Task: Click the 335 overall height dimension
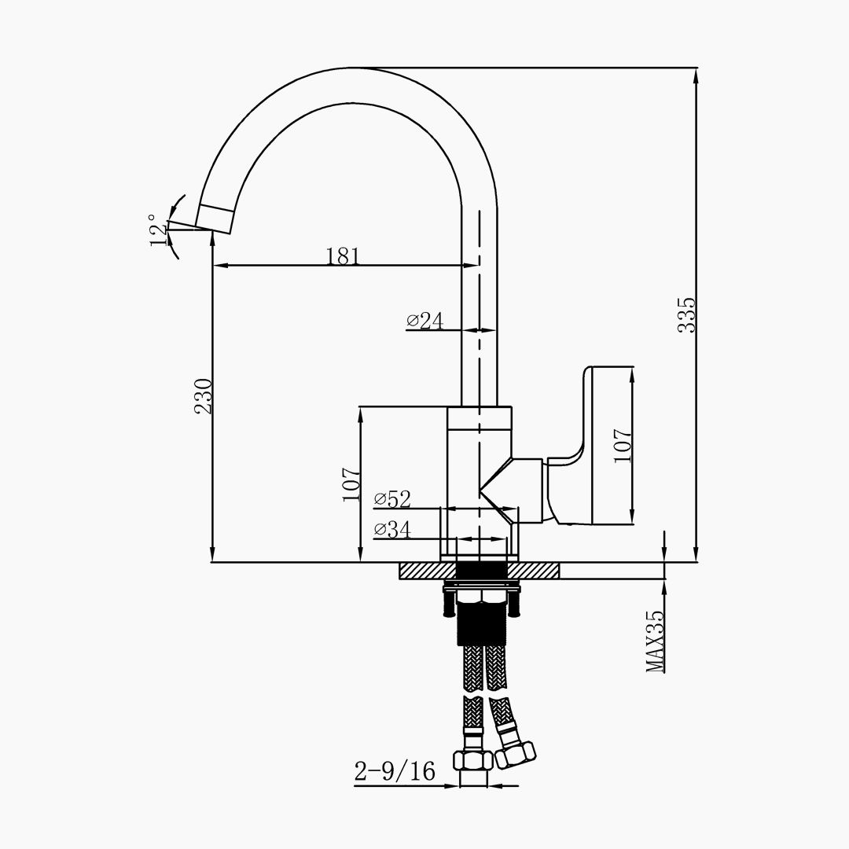tap(687, 314)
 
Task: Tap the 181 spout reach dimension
tap(343, 256)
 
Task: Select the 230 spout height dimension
tap(204, 396)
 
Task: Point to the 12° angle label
tap(159, 230)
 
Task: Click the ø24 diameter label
tap(425, 321)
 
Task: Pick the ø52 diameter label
tap(392, 499)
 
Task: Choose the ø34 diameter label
tap(392, 529)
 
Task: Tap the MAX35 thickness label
tap(655, 641)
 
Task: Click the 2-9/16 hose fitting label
tap(395, 772)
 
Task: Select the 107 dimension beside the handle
tap(623, 445)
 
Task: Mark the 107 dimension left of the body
tap(351, 483)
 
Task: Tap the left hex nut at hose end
tap(472, 761)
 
